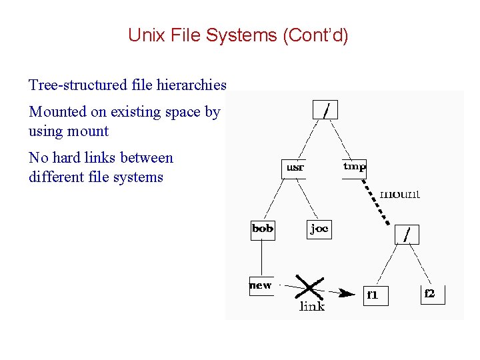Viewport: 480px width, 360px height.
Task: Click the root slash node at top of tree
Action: [x=325, y=109]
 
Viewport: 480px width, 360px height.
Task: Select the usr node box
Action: [x=295, y=168]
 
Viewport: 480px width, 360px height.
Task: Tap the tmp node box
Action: [x=354, y=167]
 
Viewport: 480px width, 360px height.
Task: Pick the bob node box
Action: [x=263, y=229]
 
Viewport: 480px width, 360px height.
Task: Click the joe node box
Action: [x=319, y=229]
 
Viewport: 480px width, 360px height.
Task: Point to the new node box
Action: [x=261, y=285]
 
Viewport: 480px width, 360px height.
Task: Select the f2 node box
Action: [x=431, y=293]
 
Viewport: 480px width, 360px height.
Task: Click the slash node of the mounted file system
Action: [x=408, y=234]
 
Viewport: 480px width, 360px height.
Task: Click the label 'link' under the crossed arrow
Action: [x=312, y=307]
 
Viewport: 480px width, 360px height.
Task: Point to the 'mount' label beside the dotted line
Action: [x=400, y=194]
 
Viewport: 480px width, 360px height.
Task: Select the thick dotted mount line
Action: [x=377, y=203]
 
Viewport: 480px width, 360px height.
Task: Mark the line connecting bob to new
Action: [x=261, y=257]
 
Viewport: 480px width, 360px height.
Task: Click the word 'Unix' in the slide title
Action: [x=145, y=35]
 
